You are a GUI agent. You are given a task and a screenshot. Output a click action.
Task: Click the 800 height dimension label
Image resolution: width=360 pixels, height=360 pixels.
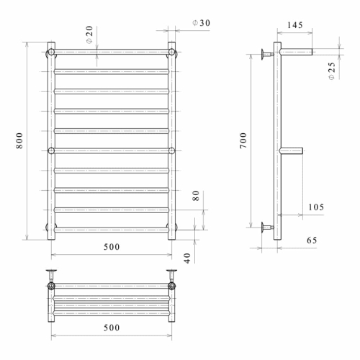point(19,140)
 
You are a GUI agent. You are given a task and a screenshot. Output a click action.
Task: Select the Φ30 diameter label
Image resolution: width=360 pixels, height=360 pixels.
point(201,23)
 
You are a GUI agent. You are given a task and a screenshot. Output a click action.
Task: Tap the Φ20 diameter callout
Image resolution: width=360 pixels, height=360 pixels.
point(89,35)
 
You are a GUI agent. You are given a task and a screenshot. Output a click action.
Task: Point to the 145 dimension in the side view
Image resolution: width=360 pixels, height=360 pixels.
point(295,25)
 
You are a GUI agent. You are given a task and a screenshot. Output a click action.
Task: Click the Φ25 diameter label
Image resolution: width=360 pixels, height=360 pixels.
point(331,71)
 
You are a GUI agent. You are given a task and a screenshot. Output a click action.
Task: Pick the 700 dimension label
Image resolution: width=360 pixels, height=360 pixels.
point(243,140)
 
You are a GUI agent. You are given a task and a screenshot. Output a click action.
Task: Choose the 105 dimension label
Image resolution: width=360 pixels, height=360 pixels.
point(316,207)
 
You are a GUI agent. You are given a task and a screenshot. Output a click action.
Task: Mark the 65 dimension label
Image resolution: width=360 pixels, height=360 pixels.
point(312,240)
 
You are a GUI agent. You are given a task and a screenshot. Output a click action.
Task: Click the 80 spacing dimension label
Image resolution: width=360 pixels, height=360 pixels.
point(196,196)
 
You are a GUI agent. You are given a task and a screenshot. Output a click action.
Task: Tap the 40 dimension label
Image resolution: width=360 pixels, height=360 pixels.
point(187,258)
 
